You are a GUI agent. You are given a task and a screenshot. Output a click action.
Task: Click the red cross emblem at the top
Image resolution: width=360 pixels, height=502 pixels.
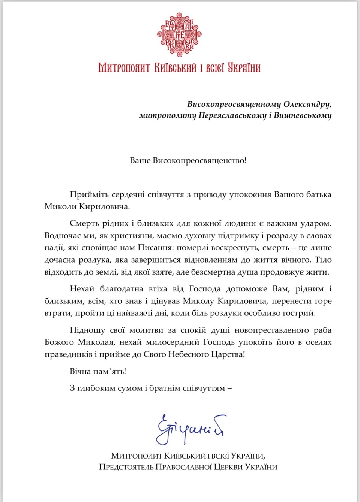[x=179, y=35]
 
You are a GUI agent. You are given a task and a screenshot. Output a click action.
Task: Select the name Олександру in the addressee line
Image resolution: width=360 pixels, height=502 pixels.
[x=307, y=104]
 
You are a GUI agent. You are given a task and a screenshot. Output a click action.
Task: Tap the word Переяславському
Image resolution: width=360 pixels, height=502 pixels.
[x=232, y=115]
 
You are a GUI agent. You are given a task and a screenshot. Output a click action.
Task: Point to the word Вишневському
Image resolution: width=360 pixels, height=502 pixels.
[x=303, y=115]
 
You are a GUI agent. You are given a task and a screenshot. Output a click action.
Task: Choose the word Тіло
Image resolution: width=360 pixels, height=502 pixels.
[x=323, y=260]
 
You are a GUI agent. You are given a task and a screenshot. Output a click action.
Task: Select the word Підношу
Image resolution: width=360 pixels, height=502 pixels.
[x=87, y=330]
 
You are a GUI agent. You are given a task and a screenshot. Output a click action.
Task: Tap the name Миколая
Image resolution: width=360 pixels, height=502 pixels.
[x=96, y=342]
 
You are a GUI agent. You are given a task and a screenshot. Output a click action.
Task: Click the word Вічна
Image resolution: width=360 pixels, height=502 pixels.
[x=80, y=371]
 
